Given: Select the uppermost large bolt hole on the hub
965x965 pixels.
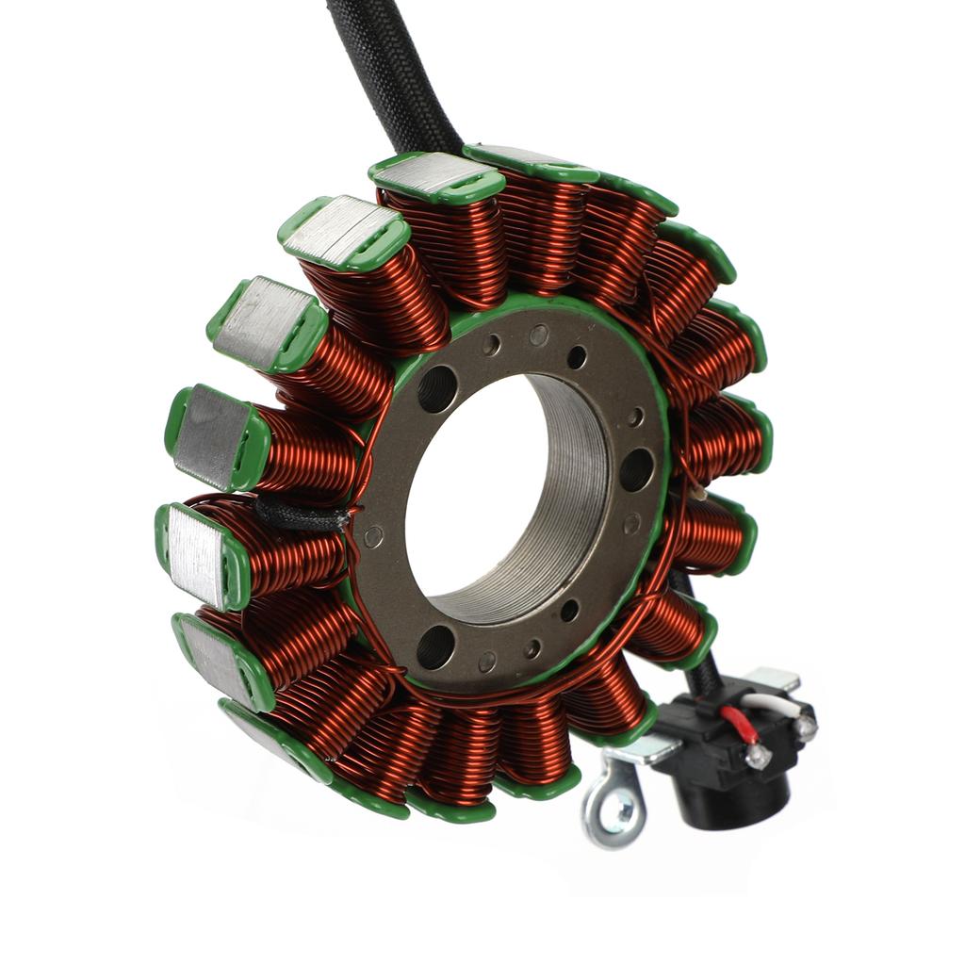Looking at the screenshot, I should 436,388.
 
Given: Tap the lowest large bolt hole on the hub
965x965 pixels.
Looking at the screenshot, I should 435,646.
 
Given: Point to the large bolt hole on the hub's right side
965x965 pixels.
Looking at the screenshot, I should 636,468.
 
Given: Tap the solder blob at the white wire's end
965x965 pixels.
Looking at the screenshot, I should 804,726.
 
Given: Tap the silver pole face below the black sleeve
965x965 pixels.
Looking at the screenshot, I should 196,556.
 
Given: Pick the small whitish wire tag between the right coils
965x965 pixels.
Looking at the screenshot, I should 696,491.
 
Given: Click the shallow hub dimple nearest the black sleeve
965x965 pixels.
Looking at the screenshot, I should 374,537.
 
